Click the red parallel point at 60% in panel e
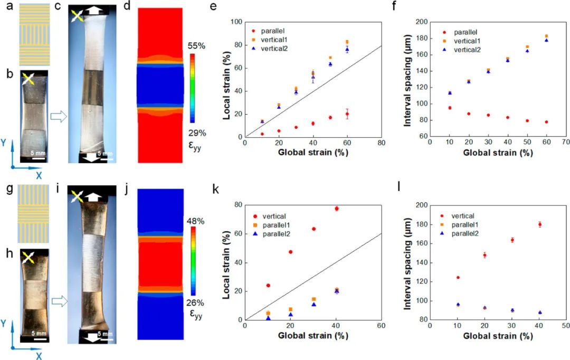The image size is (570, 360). [347, 114]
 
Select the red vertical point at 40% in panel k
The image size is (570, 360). [336, 209]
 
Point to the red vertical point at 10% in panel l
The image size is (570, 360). [458, 277]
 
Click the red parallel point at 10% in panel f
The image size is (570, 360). [450, 108]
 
